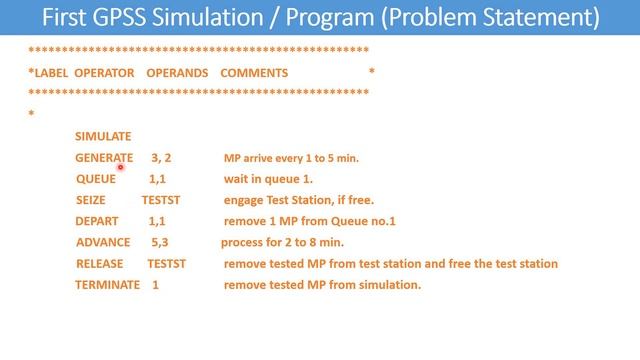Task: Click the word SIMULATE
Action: point(103,136)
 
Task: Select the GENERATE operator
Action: point(104,158)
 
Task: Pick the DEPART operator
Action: point(97,221)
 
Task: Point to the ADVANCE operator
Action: point(103,242)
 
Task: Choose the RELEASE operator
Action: point(100,263)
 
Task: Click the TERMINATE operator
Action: point(108,284)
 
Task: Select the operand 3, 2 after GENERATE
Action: point(161,158)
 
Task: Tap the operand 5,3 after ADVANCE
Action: point(159,242)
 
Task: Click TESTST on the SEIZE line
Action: point(161,200)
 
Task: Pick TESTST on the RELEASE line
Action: point(166,263)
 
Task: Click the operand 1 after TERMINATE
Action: point(155,284)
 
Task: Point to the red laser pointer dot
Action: point(120,168)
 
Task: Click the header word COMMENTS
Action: point(254,72)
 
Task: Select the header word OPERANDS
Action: point(177,72)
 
